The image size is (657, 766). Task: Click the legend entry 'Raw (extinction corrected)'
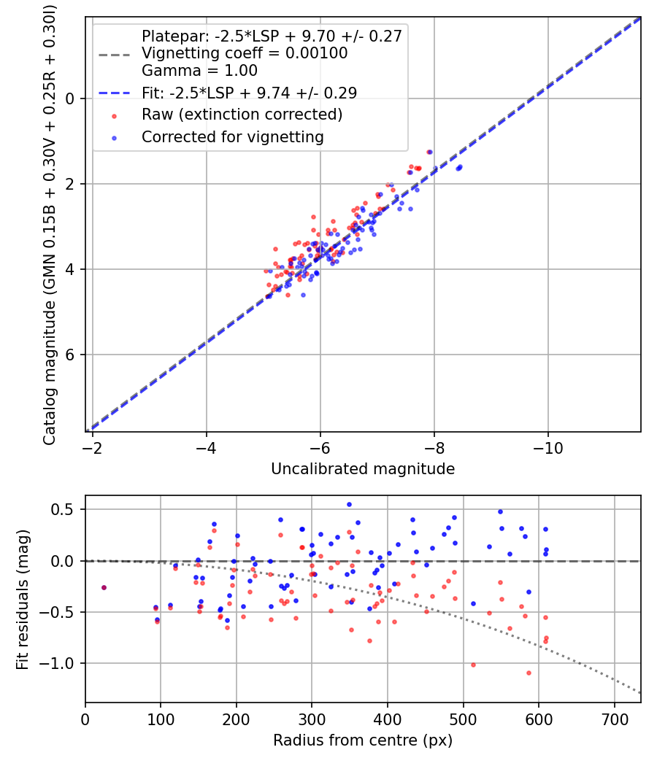[x=242, y=115]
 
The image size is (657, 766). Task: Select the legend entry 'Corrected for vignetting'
[x=232, y=136]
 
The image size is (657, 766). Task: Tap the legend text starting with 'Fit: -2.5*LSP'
[x=248, y=93]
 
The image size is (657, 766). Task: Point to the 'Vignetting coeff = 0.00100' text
[x=245, y=53]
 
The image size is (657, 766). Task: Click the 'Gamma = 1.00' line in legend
[x=199, y=71]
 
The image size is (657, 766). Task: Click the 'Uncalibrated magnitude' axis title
[x=363, y=469]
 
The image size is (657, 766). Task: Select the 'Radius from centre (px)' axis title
[x=363, y=740]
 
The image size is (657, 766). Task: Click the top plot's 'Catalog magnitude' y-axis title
[x=50, y=223]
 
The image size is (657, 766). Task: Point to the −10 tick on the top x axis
[x=548, y=447]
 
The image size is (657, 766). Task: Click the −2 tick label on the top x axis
[x=93, y=447]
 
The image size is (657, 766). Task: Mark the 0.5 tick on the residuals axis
[x=69, y=509]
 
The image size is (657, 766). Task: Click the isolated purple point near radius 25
[x=104, y=587]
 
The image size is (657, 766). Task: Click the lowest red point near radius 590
[x=529, y=673]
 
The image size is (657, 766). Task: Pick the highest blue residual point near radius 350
[x=349, y=504]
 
